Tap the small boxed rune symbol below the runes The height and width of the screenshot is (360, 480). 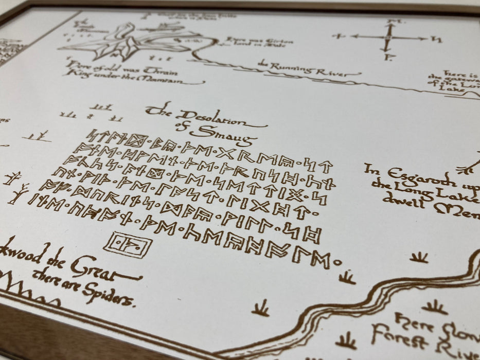point(128,244)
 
